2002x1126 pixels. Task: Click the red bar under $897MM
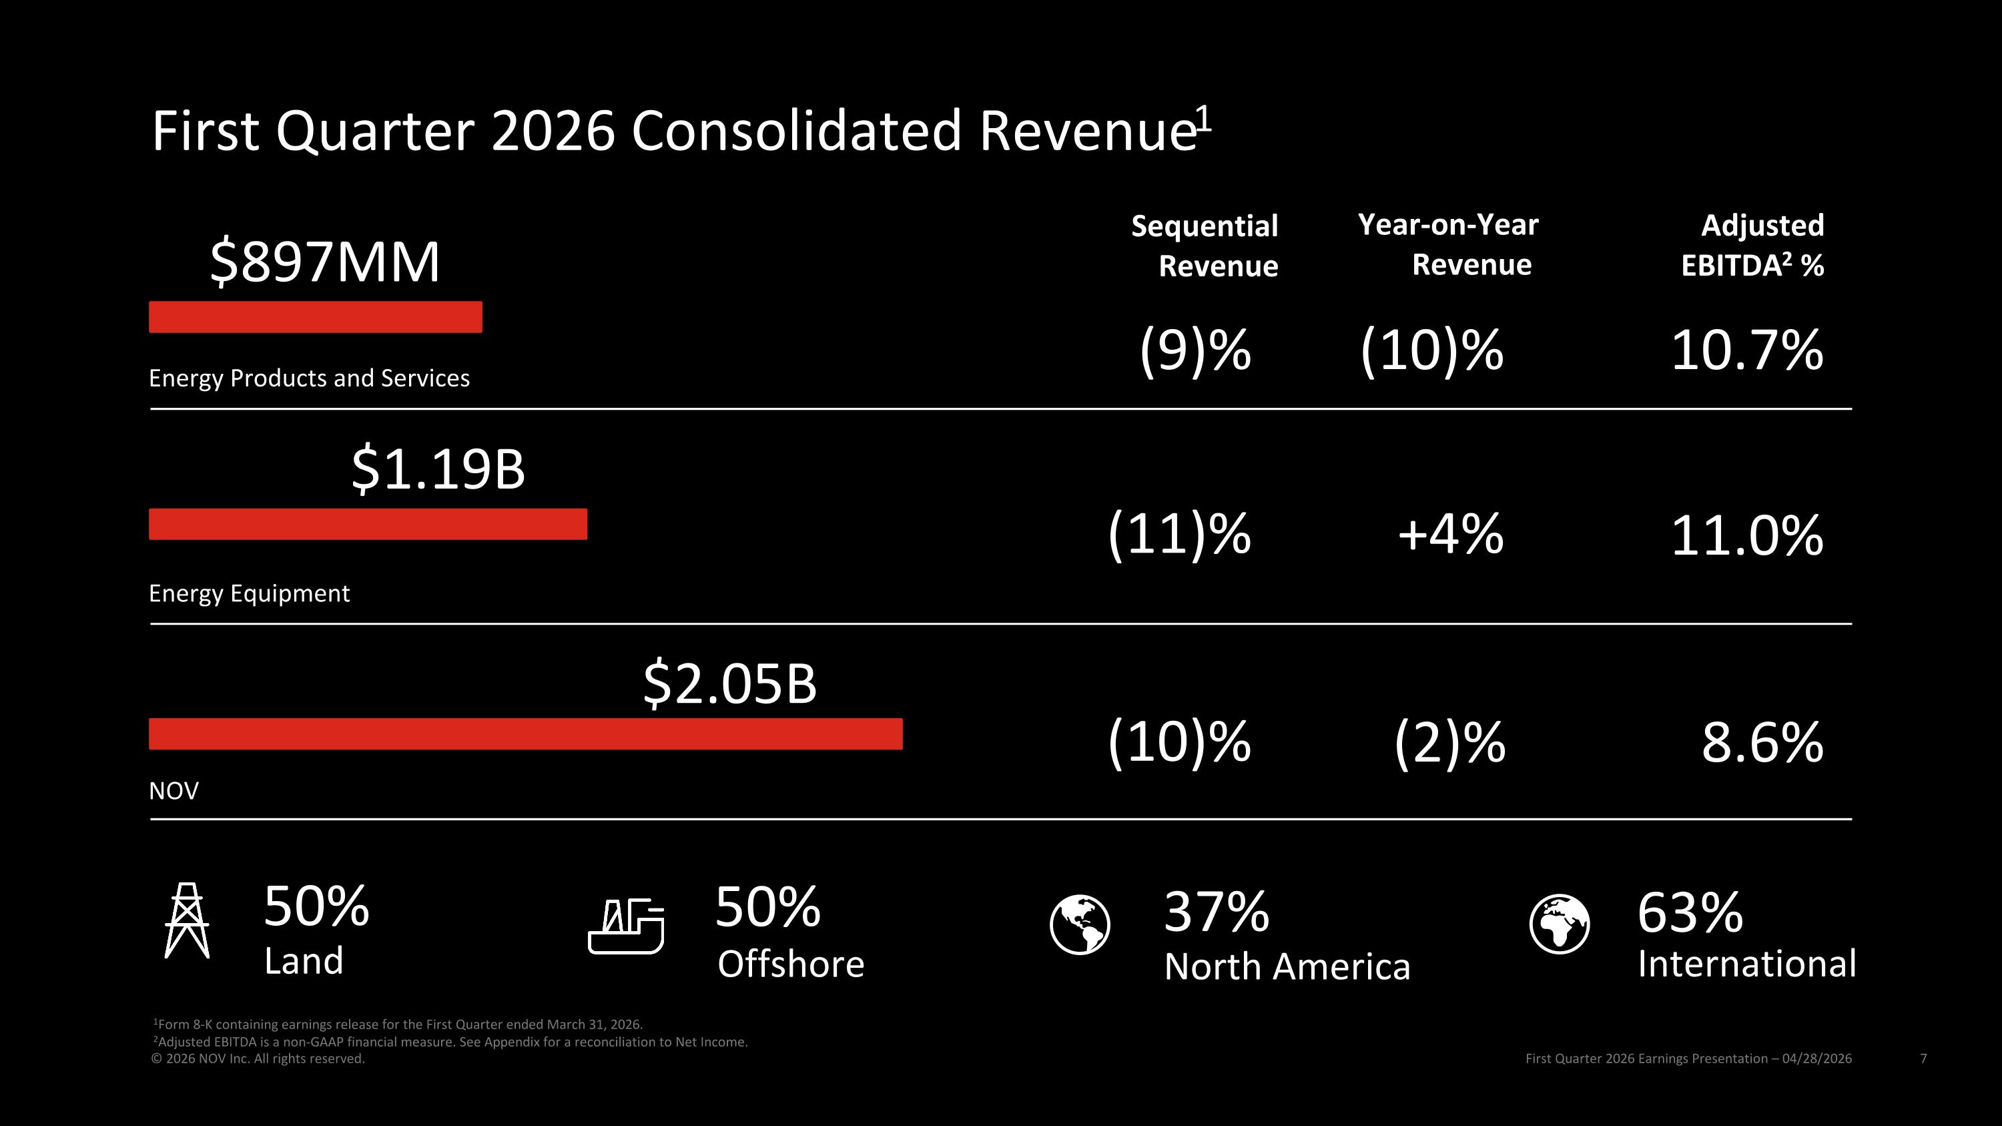pyautogui.click(x=316, y=317)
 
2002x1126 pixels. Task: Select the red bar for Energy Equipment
pyautogui.click(x=368, y=524)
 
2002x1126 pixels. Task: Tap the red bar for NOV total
pyautogui.click(x=525, y=734)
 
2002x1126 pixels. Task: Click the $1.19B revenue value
pyautogui.click(x=438, y=469)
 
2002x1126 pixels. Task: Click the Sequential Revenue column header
pyautogui.click(x=1205, y=246)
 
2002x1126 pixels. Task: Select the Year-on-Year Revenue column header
pyautogui.click(x=1448, y=244)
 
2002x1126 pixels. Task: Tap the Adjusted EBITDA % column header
pyautogui.click(x=1752, y=246)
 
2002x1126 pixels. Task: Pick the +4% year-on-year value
pyautogui.click(x=1450, y=535)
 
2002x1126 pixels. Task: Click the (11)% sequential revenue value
pyautogui.click(x=1179, y=535)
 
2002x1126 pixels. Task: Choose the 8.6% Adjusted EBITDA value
pyautogui.click(x=1762, y=743)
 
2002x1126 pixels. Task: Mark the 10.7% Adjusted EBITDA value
pyautogui.click(x=1747, y=350)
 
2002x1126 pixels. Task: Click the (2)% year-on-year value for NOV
pyautogui.click(x=1450, y=743)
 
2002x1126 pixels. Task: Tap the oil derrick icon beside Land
pyautogui.click(x=187, y=920)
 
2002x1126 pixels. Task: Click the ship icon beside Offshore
pyautogui.click(x=626, y=926)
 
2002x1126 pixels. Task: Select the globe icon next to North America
pyautogui.click(x=1080, y=924)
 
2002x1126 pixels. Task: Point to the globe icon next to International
pyautogui.click(x=1560, y=924)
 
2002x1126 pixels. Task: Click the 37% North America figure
pyautogui.click(x=1217, y=912)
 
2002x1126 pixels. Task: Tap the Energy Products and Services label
pyautogui.click(x=310, y=378)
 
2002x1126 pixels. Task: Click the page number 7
pyautogui.click(x=1923, y=1059)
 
